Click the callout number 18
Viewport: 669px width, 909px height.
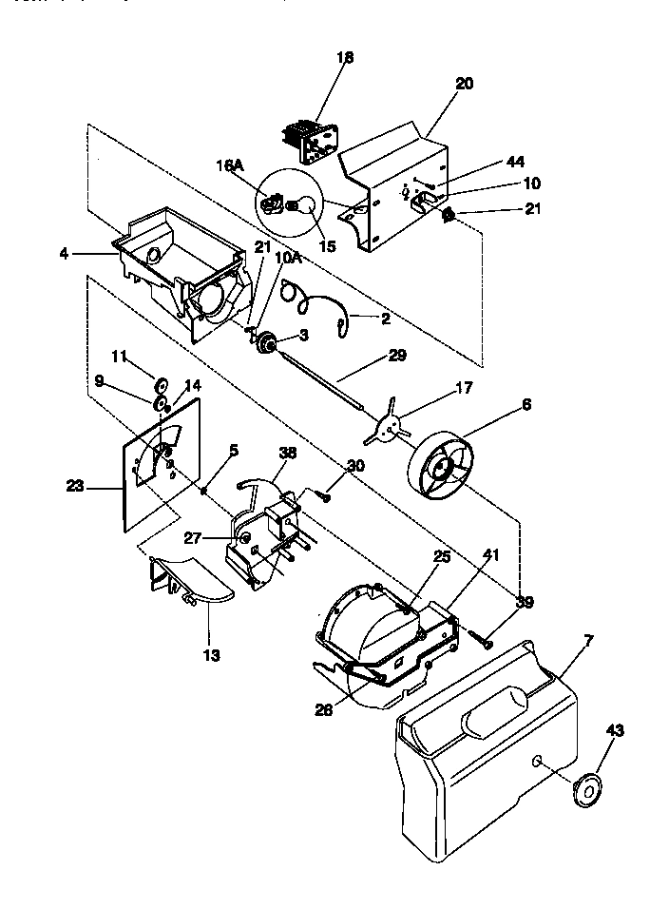344,58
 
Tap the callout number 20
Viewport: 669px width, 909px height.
464,84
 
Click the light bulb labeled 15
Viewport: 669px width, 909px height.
307,203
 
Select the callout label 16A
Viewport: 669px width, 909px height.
232,165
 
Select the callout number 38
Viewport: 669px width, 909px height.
287,454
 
